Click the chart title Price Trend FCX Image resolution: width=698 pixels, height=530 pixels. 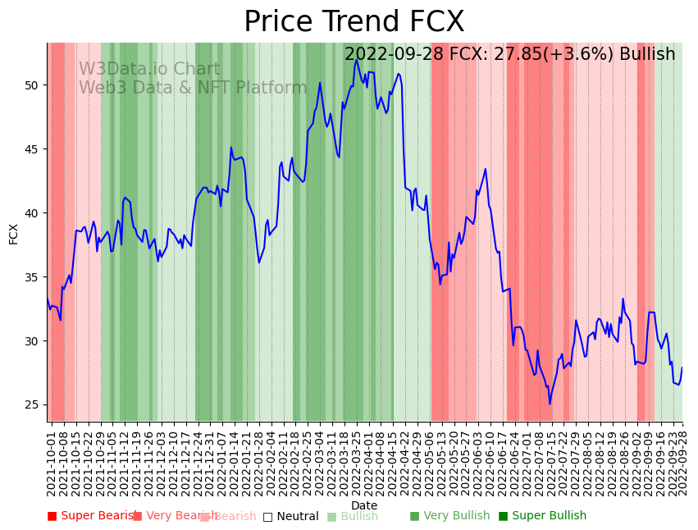pyautogui.click(x=354, y=22)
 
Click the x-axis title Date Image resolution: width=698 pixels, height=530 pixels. pyautogui.click(x=364, y=505)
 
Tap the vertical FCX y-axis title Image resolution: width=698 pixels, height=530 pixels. pyautogui.click(x=14, y=233)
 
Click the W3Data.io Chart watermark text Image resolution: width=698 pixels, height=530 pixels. pyautogui.click(x=149, y=70)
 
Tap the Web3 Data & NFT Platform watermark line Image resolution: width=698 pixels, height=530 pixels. pyautogui.click(x=193, y=88)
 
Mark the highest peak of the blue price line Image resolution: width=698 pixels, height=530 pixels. pyautogui.click(x=356, y=60)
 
